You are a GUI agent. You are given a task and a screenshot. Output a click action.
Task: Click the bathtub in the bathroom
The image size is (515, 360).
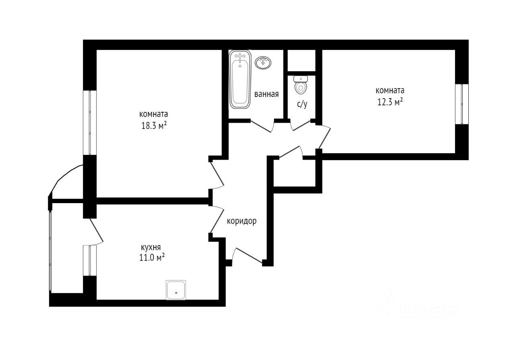pos(240,79)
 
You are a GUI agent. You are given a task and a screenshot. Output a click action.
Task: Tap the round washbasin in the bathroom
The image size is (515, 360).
pos(263,62)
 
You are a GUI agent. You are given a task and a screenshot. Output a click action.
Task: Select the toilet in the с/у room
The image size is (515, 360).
pos(301,85)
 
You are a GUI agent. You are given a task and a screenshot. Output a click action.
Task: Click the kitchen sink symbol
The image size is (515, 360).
pos(176,290)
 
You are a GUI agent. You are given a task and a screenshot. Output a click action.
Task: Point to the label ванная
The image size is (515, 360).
pos(266,94)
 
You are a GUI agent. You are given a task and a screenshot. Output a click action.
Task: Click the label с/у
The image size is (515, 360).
pos(302,104)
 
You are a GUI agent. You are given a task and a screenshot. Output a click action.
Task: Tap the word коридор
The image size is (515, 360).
pos(242,221)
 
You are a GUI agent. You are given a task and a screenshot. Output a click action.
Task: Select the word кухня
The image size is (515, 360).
pos(151,247)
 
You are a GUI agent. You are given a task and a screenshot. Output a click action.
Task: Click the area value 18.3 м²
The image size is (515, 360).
pos(154,126)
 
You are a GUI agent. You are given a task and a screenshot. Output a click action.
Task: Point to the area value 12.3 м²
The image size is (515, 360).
pos(390,102)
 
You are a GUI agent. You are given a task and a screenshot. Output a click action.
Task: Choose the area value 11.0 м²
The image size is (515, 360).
pos(152,257)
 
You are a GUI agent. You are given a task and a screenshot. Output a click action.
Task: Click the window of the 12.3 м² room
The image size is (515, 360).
pos(462,104)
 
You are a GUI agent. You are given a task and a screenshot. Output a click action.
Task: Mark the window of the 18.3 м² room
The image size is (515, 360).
pos(90,123)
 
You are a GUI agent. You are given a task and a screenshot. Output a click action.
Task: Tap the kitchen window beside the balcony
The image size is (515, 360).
pos(90,261)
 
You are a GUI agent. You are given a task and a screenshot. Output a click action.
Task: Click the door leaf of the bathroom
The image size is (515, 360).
pos(260,126)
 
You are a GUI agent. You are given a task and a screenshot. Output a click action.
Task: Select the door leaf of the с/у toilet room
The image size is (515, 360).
pos(301,125)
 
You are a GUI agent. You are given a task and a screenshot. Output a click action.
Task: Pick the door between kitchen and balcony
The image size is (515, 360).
pos(96,230)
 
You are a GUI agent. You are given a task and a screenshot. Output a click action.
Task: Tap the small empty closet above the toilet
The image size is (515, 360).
pos(301,60)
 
